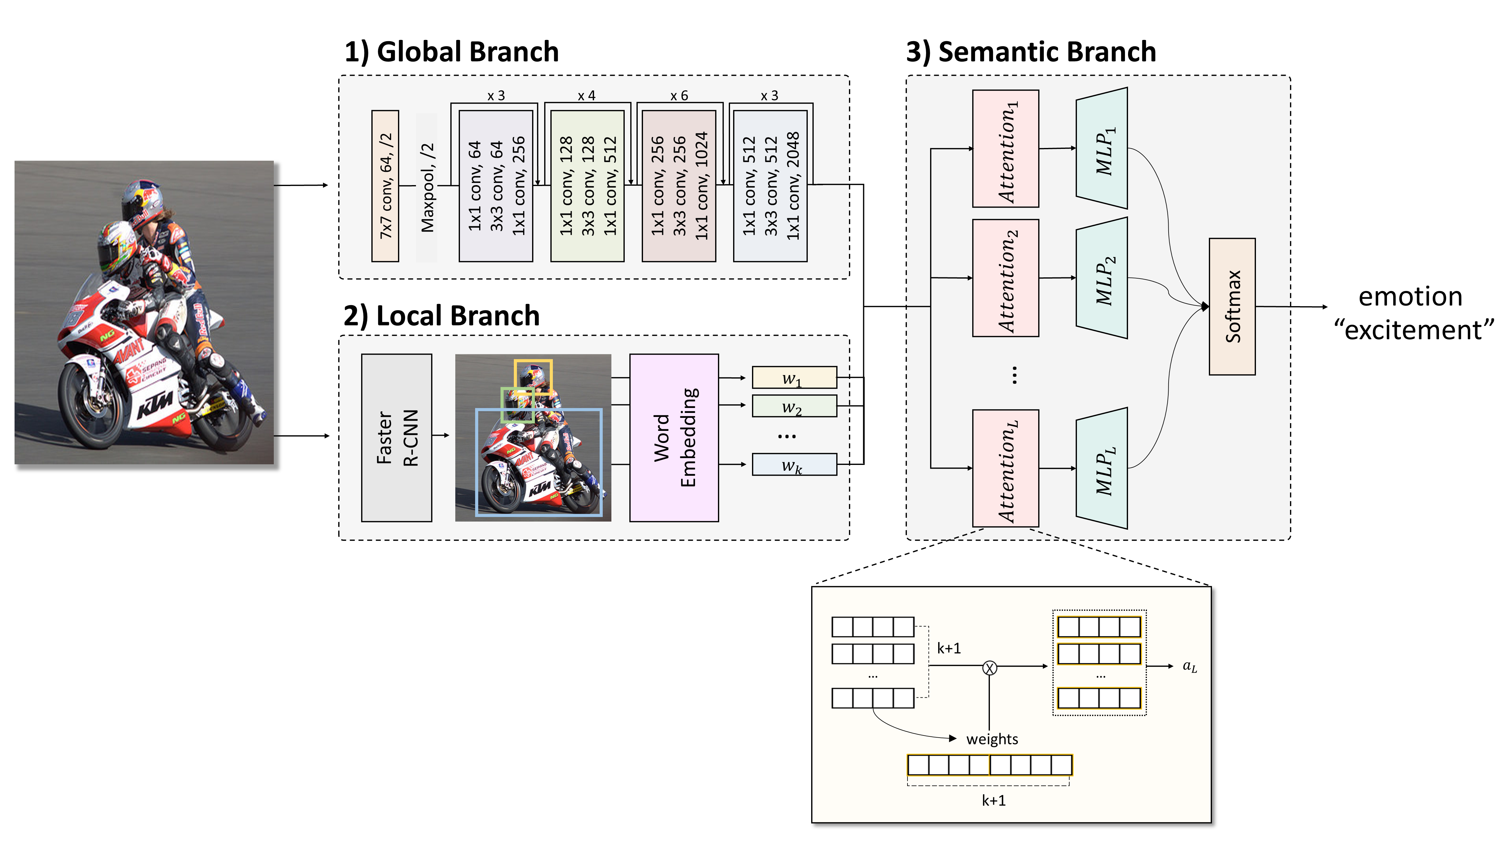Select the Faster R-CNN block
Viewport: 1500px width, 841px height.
point(396,438)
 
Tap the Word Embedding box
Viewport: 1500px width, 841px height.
point(674,438)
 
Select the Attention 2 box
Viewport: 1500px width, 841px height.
point(1006,278)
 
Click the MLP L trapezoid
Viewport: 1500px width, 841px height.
point(1102,469)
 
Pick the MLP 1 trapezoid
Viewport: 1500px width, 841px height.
point(1102,148)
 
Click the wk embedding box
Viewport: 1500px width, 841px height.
point(794,464)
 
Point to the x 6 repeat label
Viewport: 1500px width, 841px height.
point(679,95)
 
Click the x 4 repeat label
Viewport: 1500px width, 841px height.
point(586,95)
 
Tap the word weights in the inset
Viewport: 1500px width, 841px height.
point(992,739)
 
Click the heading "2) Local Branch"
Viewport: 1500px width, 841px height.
point(441,315)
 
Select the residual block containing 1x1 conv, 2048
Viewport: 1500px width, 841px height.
point(770,186)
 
